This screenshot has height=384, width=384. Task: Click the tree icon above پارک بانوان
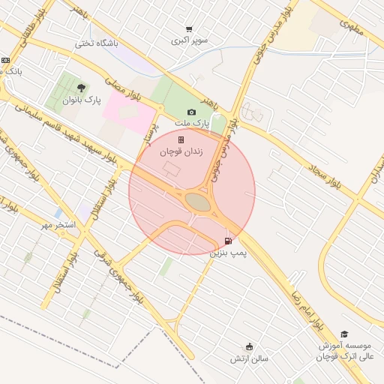(81, 88)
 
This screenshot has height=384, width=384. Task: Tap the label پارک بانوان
(81, 100)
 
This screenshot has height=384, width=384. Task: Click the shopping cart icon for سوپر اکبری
(188, 29)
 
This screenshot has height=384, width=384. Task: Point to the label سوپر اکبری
(189, 40)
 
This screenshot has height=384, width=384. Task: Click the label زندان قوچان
(179, 151)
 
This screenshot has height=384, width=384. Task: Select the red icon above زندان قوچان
(180, 139)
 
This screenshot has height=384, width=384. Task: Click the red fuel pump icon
(228, 241)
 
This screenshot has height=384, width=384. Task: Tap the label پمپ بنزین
(228, 254)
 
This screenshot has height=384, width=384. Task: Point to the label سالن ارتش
(249, 359)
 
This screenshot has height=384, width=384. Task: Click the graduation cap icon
(344, 334)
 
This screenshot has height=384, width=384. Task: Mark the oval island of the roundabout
(198, 202)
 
